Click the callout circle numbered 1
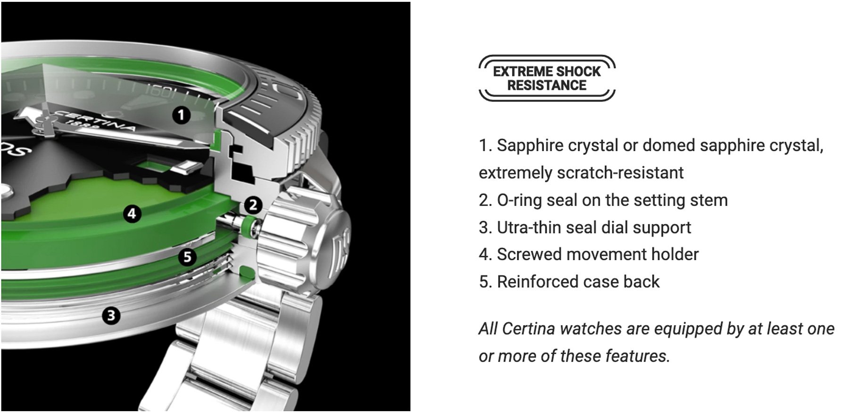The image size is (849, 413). click(x=181, y=115)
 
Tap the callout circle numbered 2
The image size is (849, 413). click(x=253, y=205)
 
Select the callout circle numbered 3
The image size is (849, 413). click(x=111, y=315)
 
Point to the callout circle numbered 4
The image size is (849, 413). click(x=132, y=213)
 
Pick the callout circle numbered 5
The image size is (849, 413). click(x=187, y=257)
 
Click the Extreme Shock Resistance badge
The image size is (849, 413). click(x=547, y=78)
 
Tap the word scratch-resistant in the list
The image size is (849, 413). click(x=620, y=173)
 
